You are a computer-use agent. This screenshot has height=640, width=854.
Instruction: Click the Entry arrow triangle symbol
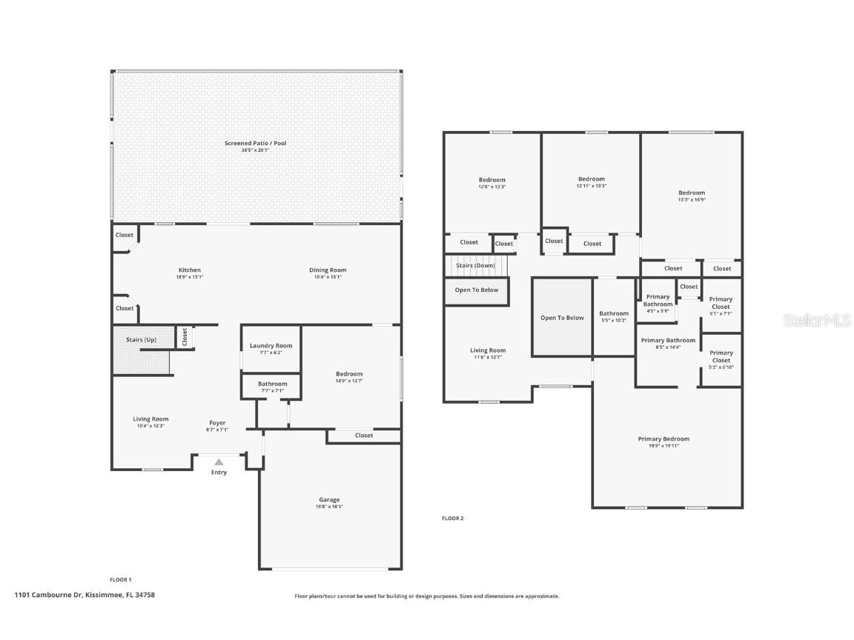219,462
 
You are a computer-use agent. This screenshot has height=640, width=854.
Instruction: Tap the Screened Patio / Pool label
255,143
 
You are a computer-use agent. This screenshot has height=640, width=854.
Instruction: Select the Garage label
329,500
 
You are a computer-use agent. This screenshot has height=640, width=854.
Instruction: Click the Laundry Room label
271,346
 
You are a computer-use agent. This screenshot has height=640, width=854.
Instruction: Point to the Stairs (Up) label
141,339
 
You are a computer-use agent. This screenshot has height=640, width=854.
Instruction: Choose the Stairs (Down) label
475,265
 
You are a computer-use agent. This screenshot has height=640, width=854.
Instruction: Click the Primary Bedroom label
663,439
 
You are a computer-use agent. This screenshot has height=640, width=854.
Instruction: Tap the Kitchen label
190,270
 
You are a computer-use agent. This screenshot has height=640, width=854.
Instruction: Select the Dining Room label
328,270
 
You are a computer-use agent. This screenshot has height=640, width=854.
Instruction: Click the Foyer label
217,423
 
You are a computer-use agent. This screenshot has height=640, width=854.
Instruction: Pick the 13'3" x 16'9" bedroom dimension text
691,199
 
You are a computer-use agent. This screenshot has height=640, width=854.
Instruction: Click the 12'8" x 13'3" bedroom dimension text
491,187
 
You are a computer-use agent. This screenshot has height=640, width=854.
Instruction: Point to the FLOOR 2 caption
452,519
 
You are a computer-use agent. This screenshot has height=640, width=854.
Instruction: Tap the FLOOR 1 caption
120,579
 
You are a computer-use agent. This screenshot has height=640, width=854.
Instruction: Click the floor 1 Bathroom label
272,384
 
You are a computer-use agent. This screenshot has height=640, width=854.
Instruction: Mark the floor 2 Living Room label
488,350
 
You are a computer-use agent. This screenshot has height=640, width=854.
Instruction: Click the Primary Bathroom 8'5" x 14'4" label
668,341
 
